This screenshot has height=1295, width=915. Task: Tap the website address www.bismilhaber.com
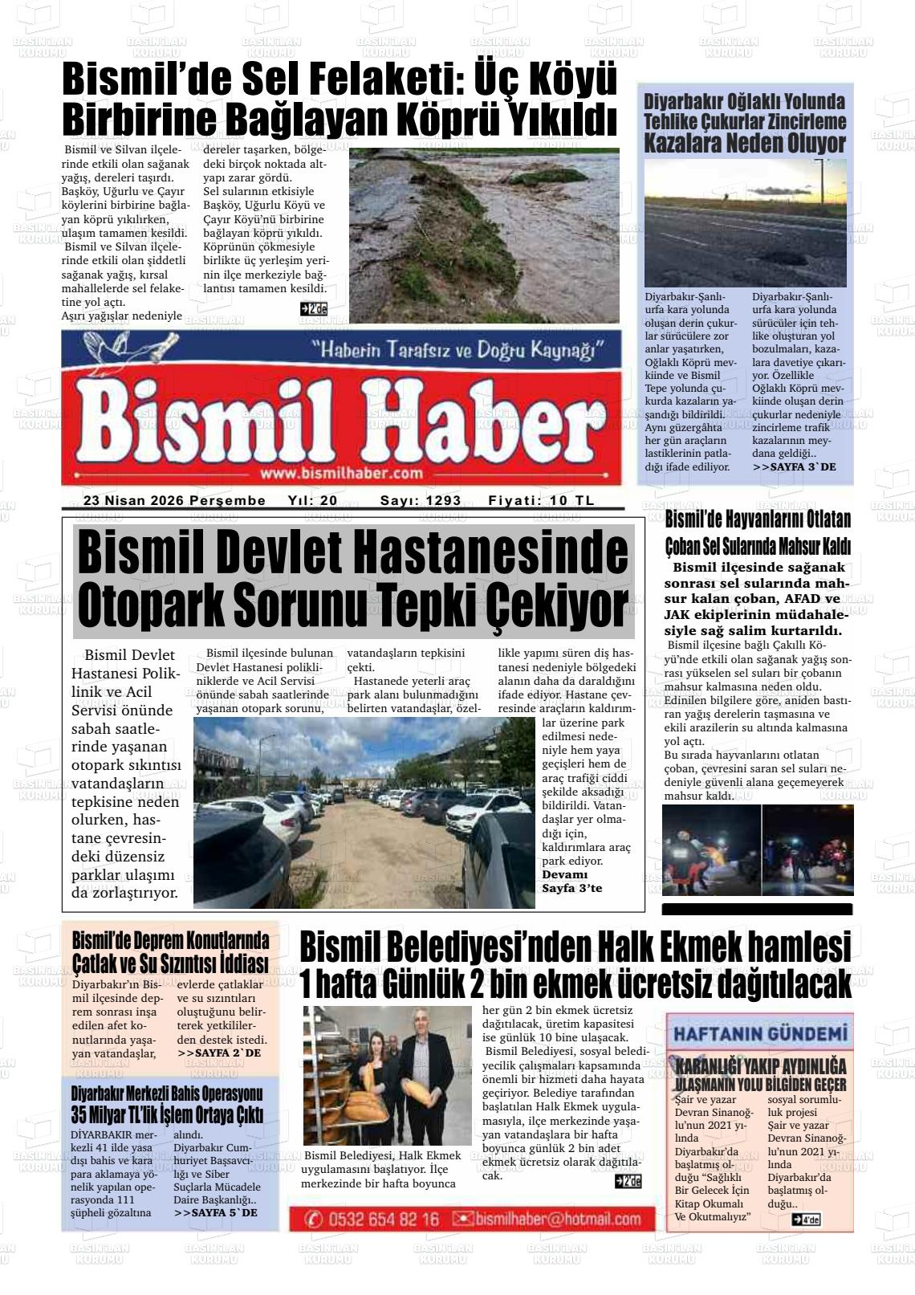[341, 473]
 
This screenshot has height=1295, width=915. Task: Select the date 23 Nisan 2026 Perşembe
[174, 500]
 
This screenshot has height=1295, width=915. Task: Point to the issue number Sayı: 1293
[421, 500]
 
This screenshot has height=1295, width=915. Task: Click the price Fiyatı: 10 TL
[541, 500]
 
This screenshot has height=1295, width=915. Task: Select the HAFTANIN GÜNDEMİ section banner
[759, 1032]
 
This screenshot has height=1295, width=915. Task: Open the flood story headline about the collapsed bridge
[340, 100]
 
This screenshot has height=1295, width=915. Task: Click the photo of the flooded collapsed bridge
[484, 234]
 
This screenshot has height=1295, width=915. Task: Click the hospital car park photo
[364, 812]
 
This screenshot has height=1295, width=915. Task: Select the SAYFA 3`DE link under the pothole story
[794, 466]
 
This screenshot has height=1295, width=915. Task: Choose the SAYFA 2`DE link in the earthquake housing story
[218, 1053]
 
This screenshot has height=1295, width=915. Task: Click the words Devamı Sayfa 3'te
[571, 881]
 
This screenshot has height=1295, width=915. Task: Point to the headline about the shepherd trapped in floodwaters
[757, 532]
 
